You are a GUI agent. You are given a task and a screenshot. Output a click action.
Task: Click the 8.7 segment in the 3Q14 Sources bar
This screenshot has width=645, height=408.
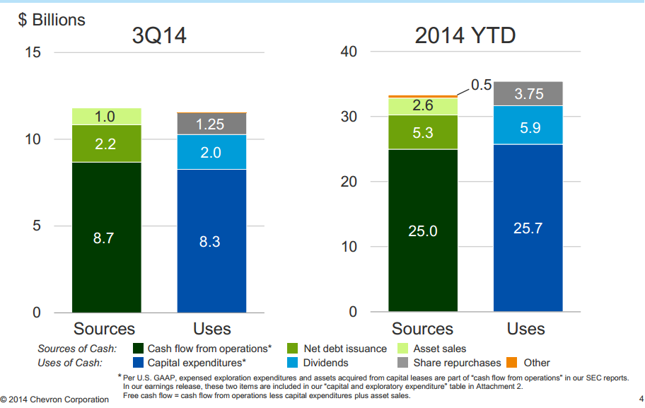(106, 238)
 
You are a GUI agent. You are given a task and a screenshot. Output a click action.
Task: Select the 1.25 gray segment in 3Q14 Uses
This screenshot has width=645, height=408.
(211, 124)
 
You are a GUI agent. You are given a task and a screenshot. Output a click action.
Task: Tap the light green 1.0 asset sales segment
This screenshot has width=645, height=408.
(106, 117)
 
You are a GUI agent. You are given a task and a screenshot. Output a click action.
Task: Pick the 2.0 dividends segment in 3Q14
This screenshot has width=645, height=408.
(211, 152)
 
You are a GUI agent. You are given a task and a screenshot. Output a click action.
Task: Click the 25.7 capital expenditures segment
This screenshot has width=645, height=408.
(528, 228)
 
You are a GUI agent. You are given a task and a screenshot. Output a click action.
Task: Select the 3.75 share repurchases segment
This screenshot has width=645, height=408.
(528, 93)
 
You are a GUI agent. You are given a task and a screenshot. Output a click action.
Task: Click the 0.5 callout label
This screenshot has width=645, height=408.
(481, 85)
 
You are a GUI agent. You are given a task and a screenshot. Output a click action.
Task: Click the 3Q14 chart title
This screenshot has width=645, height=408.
(159, 35)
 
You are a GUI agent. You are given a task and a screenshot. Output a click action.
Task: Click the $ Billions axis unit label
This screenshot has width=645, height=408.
(52, 20)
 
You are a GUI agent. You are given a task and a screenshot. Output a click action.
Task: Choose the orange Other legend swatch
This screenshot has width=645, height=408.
(513, 363)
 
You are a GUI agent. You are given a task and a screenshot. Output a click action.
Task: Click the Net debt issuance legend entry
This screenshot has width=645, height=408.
(345, 349)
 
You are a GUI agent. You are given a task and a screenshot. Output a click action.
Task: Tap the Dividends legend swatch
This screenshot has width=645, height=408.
(292, 363)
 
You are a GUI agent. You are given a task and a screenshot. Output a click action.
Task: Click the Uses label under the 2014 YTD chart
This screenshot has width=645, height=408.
(525, 329)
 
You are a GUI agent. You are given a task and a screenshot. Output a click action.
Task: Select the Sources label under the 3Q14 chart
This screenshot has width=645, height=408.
(105, 329)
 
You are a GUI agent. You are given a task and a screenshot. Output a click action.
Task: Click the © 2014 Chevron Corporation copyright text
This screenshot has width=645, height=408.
(55, 400)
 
